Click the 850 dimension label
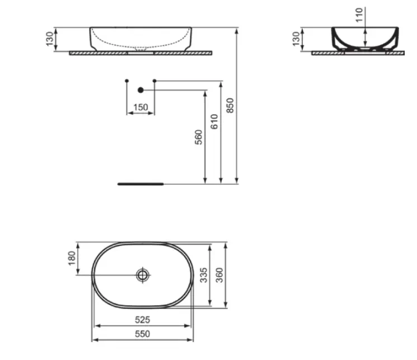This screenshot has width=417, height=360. pyautogui.click(x=230, y=105)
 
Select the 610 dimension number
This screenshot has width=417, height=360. pyautogui.click(x=214, y=121)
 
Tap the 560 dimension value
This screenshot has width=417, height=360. pyautogui.click(x=199, y=137)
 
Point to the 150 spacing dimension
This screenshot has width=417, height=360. pyautogui.click(x=140, y=107)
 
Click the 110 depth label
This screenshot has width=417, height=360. pyautogui.click(x=359, y=15)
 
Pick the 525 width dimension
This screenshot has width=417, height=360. pyautogui.click(x=143, y=320)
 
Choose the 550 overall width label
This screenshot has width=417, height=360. pyautogui.click(x=143, y=334)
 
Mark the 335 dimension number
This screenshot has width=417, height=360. pyautogui.click(x=203, y=275)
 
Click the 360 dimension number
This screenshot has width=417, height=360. pyautogui.click(x=219, y=275)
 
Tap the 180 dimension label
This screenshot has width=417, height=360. pyautogui.click(x=72, y=258)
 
